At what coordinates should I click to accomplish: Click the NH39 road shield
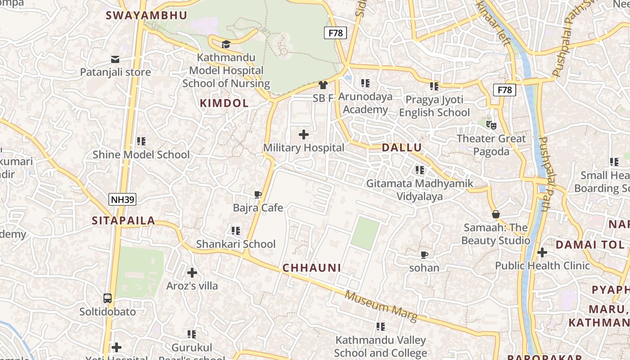[x=122, y=199]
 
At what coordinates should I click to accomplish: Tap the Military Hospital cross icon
[x=304, y=134]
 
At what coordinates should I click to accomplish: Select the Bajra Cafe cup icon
[x=258, y=194]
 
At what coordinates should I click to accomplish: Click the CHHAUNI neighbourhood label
[x=312, y=268]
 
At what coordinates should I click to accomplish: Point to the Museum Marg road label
[x=381, y=306]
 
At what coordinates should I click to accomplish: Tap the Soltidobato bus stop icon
[x=108, y=298]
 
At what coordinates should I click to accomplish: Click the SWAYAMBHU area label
[x=146, y=15]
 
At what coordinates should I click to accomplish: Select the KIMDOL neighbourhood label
[x=224, y=103]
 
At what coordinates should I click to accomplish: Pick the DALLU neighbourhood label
[x=402, y=148]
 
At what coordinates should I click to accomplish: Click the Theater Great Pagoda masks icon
[x=491, y=125]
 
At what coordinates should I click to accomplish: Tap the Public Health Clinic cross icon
[x=542, y=252]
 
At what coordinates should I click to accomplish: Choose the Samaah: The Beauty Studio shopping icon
[x=495, y=214]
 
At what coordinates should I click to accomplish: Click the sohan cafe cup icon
[x=424, y=255]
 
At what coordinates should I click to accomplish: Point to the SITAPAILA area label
[x=123, y=220]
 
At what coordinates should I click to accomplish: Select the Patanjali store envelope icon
[x=115, y=59]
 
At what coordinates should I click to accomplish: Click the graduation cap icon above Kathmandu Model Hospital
[x=226, y=44]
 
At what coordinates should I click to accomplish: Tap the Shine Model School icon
[x=141, y=141]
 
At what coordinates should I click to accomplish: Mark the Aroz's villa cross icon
[x=192, y=272]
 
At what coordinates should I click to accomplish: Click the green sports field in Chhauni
[x=365, y=233]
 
